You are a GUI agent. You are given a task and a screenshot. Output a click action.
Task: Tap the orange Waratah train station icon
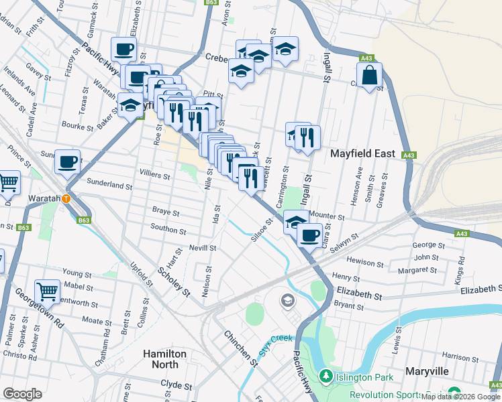coord(66,198)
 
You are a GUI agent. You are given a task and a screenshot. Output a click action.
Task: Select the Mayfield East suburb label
coord(363,153)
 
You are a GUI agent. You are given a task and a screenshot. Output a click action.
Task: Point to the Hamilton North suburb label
coord(160,358)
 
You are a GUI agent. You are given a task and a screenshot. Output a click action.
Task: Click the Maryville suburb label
coord(428,371)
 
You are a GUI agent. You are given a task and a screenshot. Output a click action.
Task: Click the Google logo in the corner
coord(22,393)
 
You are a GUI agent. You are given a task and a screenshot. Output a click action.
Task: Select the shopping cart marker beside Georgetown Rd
coord(47,291)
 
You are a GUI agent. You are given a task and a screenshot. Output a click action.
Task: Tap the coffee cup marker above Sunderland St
coord(68,161)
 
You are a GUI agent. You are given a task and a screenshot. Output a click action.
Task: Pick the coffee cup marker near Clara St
coord(309,235)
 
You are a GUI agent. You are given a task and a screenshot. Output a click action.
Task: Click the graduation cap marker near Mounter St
coord(295,221)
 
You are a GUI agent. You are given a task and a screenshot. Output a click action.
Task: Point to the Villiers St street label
coord(154,176)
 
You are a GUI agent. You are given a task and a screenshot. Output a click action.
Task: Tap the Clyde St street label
coord(177,386)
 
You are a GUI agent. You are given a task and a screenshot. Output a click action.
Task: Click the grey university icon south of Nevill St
coord(287,301)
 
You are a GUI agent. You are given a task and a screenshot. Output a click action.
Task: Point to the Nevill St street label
coord(202,247)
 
